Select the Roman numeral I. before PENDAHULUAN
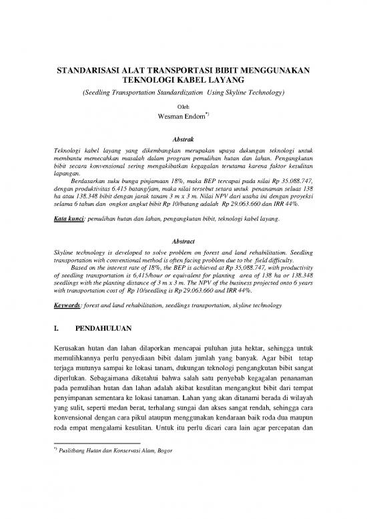pos(57,310)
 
